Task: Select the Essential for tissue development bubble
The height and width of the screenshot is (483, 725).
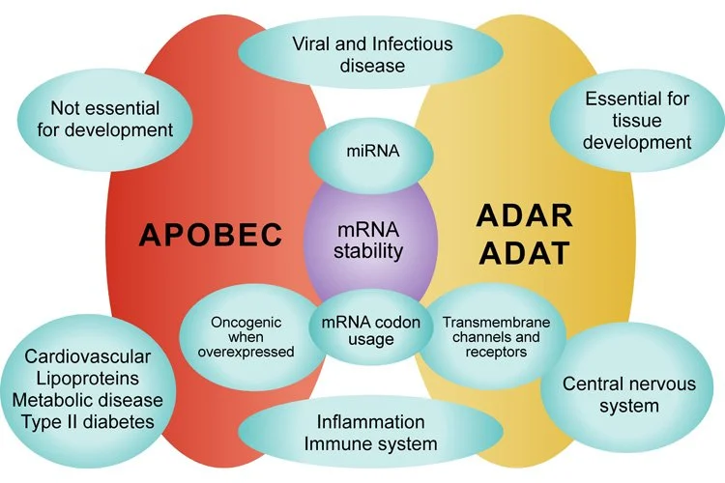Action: point(637,120)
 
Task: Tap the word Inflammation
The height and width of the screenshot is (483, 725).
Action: point(371,422)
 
